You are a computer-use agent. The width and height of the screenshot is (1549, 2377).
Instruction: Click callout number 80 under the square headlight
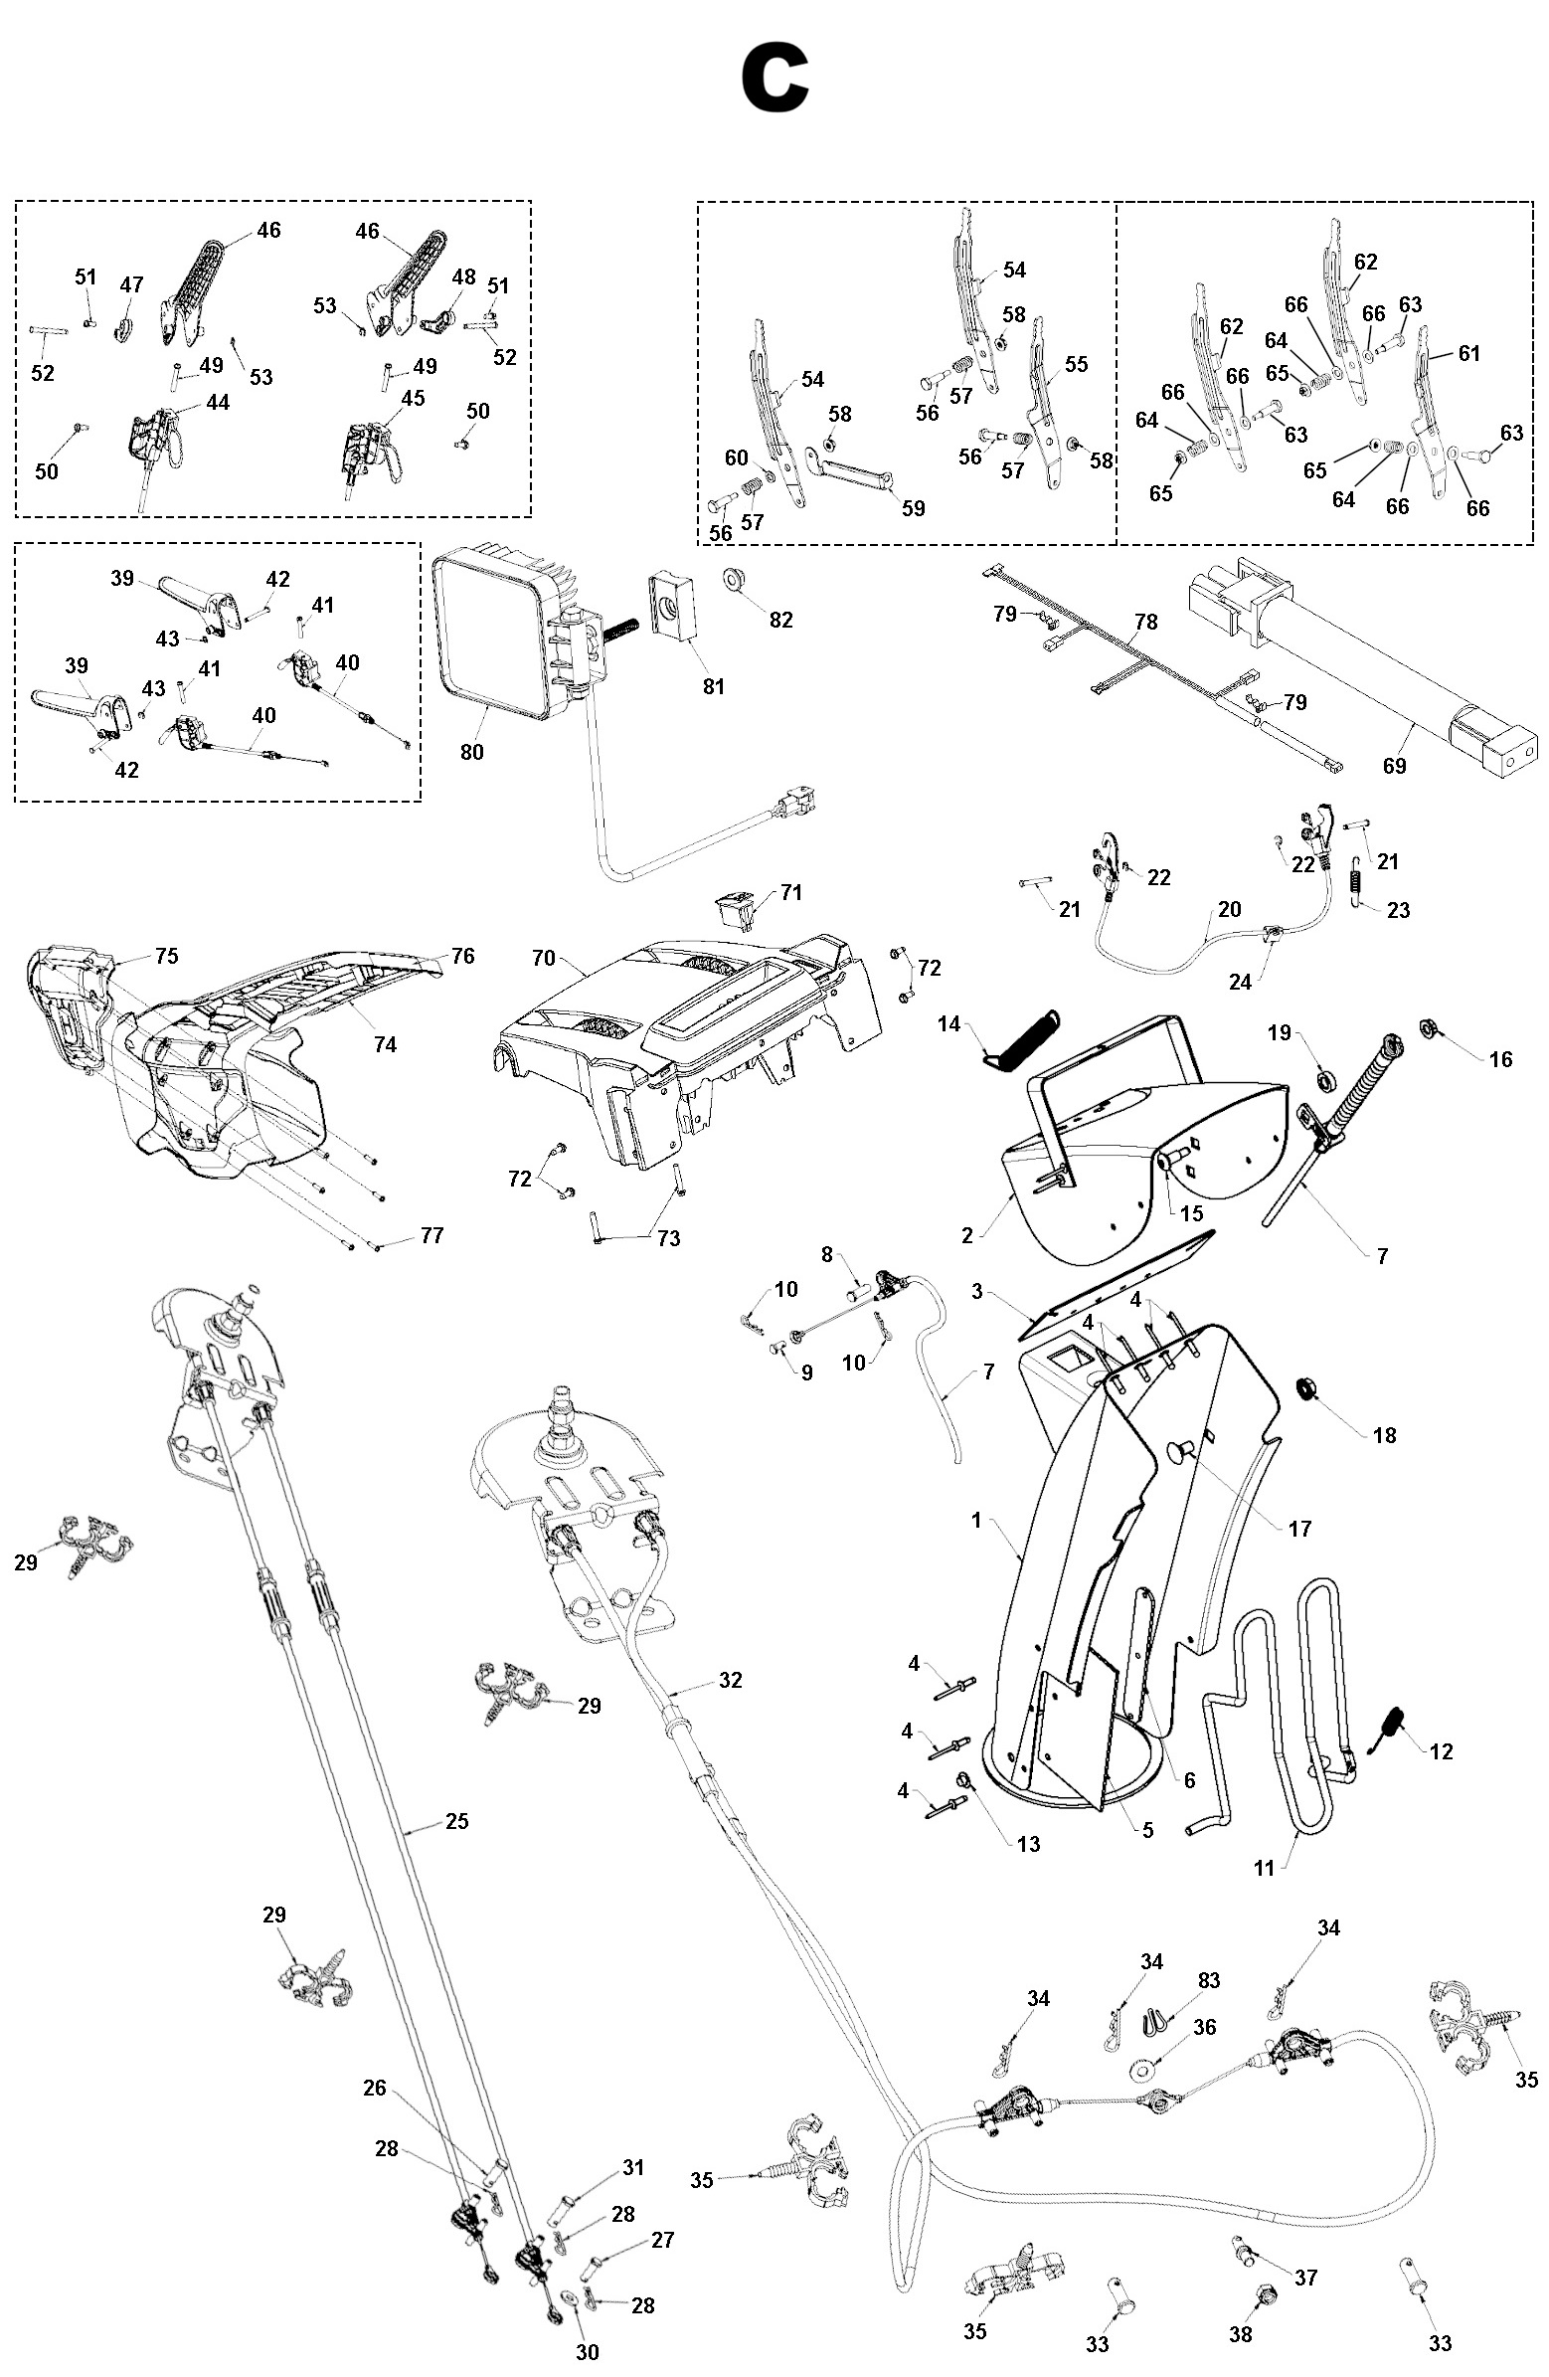coord(471,751)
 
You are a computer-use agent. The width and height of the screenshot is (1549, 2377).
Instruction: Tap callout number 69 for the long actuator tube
coord(1394,765)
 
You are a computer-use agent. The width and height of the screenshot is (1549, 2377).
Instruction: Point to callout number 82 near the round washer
coord(781,620)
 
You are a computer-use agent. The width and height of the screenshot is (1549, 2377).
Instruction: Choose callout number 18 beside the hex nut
coord(1384,1435)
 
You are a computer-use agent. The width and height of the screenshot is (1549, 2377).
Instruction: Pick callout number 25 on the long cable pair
coord(456,1821)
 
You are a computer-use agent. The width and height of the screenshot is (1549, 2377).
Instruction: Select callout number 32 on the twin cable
coord(730,1680)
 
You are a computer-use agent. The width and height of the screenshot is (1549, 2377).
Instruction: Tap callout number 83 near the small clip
coord(1208,1979)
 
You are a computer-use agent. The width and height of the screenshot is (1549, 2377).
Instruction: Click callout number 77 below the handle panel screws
coord(431,1235)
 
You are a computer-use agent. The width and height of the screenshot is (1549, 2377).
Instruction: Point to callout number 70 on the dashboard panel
coord(543,958)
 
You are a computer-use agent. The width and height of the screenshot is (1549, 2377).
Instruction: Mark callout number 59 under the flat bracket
coord(913,507)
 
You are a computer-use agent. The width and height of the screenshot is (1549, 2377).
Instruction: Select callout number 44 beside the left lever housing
coord(217,402)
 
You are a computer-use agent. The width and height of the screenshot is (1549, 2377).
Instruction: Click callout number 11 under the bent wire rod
coord(1265,1868)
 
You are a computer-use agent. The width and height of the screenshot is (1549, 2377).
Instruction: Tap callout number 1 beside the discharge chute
coord(976,1520)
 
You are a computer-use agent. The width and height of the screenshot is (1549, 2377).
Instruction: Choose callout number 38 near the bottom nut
coord(1241,2333)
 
